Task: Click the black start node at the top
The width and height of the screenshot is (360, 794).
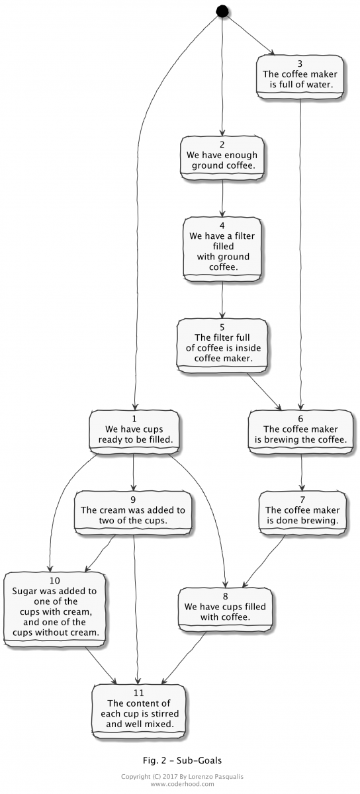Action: pos(222,11)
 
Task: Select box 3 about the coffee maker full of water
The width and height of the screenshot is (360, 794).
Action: pos(301,76)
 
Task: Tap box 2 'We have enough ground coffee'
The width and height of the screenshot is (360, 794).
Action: pos(222,156)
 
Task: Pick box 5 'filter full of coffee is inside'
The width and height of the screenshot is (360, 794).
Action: pos(222,343)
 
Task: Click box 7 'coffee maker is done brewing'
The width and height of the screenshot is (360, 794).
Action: pos(302,511)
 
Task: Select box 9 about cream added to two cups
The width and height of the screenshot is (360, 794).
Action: pos(134,511)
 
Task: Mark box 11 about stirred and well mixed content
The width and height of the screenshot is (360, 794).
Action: pos(140,708)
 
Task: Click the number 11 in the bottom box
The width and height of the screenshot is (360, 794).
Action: pos(140,693)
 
